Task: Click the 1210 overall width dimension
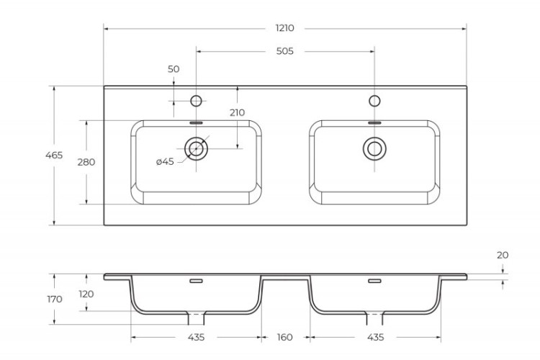pos(284,28)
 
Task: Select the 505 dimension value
pos(284,51)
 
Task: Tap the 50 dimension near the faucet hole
pos(174,69)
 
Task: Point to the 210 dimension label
pos(237,112)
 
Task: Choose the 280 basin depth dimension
pos(86,162)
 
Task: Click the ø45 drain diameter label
pos(165,161)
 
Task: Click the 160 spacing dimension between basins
pos(284,337)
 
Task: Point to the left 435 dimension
pos(196,337)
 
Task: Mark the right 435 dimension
pos(374,337)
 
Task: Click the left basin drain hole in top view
pos(196,148)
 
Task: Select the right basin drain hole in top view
pos(374,148)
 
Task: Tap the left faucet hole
pos(196,100)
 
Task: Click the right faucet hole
pos(374,100)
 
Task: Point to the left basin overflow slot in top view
pos(196,123)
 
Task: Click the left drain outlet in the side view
pos(196,318)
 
